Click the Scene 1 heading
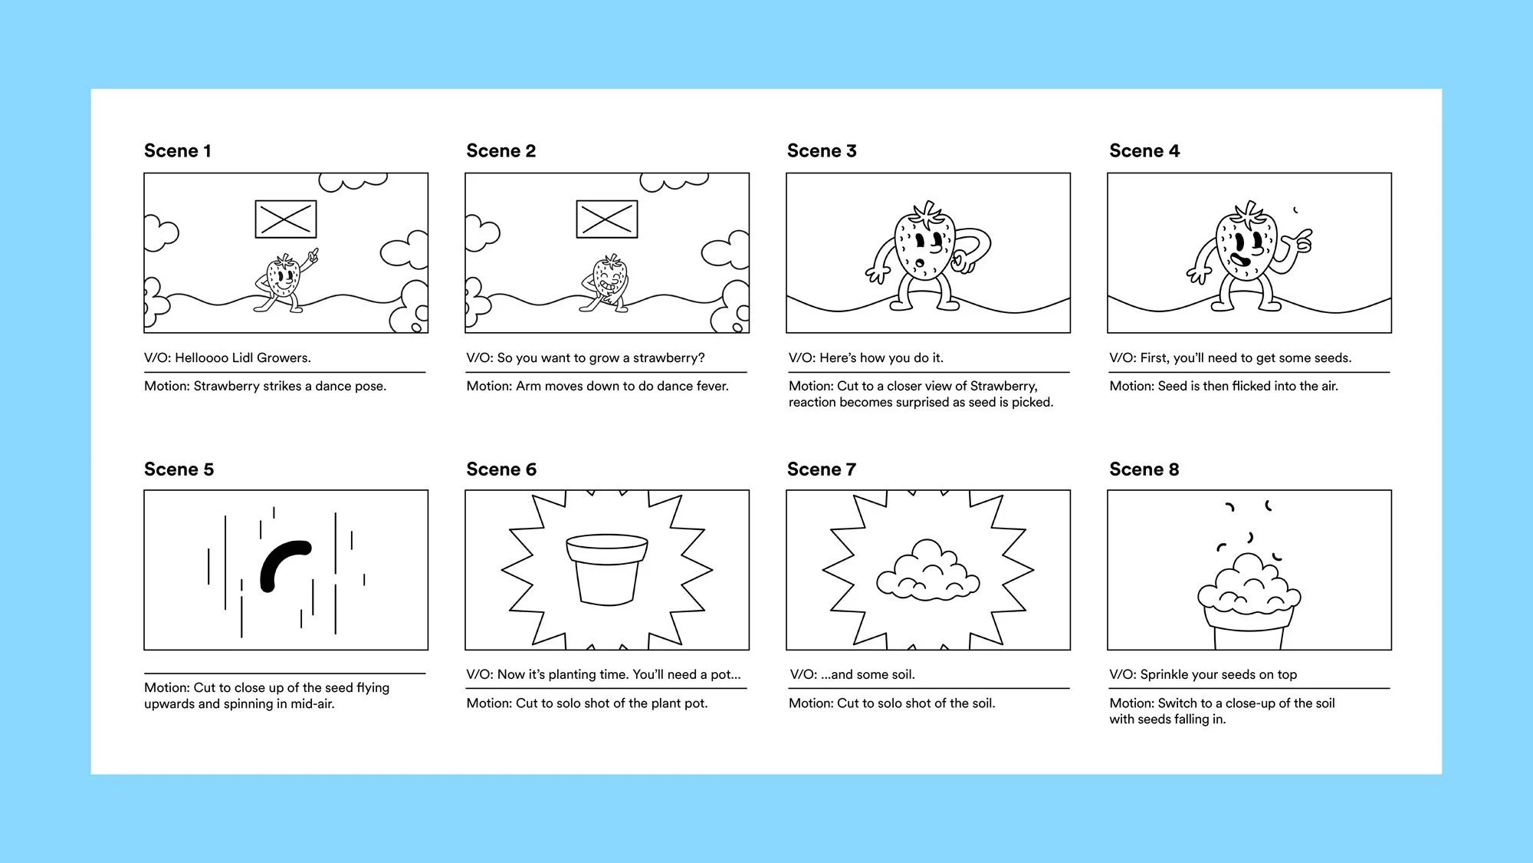click(177, 151)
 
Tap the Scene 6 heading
click(501, 469)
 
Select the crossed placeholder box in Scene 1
click(286, 219)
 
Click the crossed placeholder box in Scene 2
click(607, 219)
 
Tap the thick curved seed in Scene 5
click(284, 565)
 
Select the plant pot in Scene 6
click(607, 569)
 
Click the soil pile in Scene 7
click(927, 572)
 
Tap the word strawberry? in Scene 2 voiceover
click(668, 358)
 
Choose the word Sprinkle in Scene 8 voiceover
click(1164, 675)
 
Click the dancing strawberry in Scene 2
click(608, 282)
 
